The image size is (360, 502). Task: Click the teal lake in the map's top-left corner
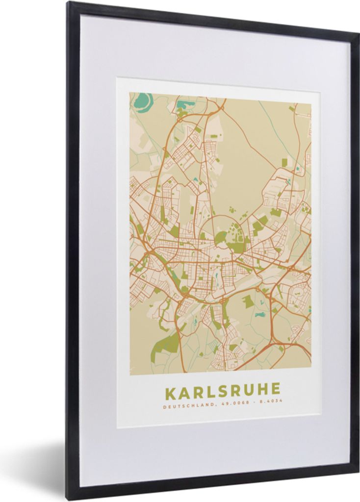(x=143, y=102)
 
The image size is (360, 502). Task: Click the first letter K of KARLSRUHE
(x=170, y=392)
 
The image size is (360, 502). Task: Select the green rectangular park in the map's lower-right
(x=249, y=301)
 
